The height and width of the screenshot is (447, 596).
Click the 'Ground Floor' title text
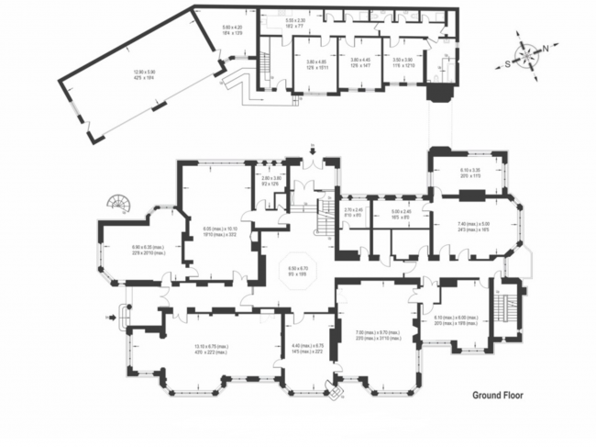[x=502, y=397]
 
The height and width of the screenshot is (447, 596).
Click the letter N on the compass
[x=546, y=49]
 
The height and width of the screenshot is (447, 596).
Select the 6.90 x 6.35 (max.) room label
[x=128, y=250]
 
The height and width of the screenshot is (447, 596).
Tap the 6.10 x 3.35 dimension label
[x=469, y=173]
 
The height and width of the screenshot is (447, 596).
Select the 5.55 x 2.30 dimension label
[x=295, y=22]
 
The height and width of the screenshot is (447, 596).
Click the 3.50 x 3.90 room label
[x=403, y=64]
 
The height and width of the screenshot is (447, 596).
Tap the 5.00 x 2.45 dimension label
[x=402, y=214]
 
